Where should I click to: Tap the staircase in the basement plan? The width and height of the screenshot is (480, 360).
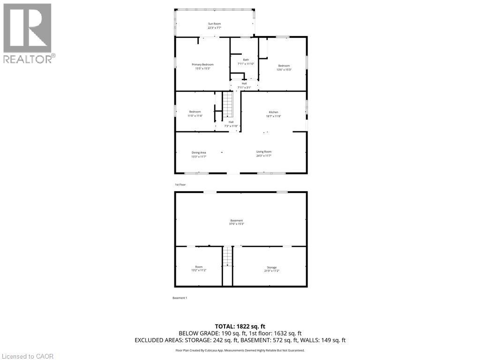[227, 256]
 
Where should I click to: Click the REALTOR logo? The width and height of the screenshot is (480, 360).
[29, 33]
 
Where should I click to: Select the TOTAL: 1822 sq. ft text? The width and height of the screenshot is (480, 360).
[240, 326]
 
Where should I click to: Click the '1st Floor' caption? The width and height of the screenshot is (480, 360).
[180, 185]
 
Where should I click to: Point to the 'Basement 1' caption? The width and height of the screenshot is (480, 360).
[180, 298]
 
